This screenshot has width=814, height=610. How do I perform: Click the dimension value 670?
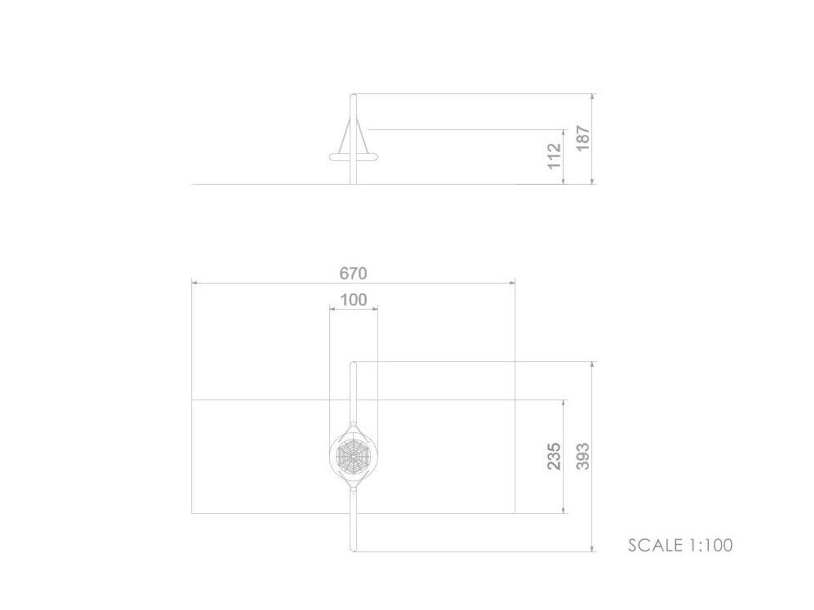353,273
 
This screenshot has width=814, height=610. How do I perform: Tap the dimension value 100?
354,300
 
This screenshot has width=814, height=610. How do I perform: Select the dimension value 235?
554,456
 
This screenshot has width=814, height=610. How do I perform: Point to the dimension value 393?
582,456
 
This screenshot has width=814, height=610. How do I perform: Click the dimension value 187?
582,138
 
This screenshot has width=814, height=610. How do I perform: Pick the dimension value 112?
554,156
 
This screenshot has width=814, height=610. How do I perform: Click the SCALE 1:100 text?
680,546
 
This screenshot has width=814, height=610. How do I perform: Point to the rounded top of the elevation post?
354,96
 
